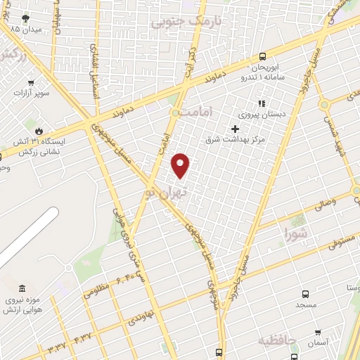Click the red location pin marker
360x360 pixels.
point(181,165)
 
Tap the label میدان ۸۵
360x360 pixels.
point(28,30)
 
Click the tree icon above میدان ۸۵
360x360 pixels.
point(26,18)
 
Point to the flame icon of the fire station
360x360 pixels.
point(39,130)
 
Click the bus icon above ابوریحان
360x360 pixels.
point(262,56)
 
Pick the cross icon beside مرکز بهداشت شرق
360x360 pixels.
point(236,128)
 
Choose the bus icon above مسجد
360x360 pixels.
point(304,295)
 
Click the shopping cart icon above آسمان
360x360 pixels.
point(318,332)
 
